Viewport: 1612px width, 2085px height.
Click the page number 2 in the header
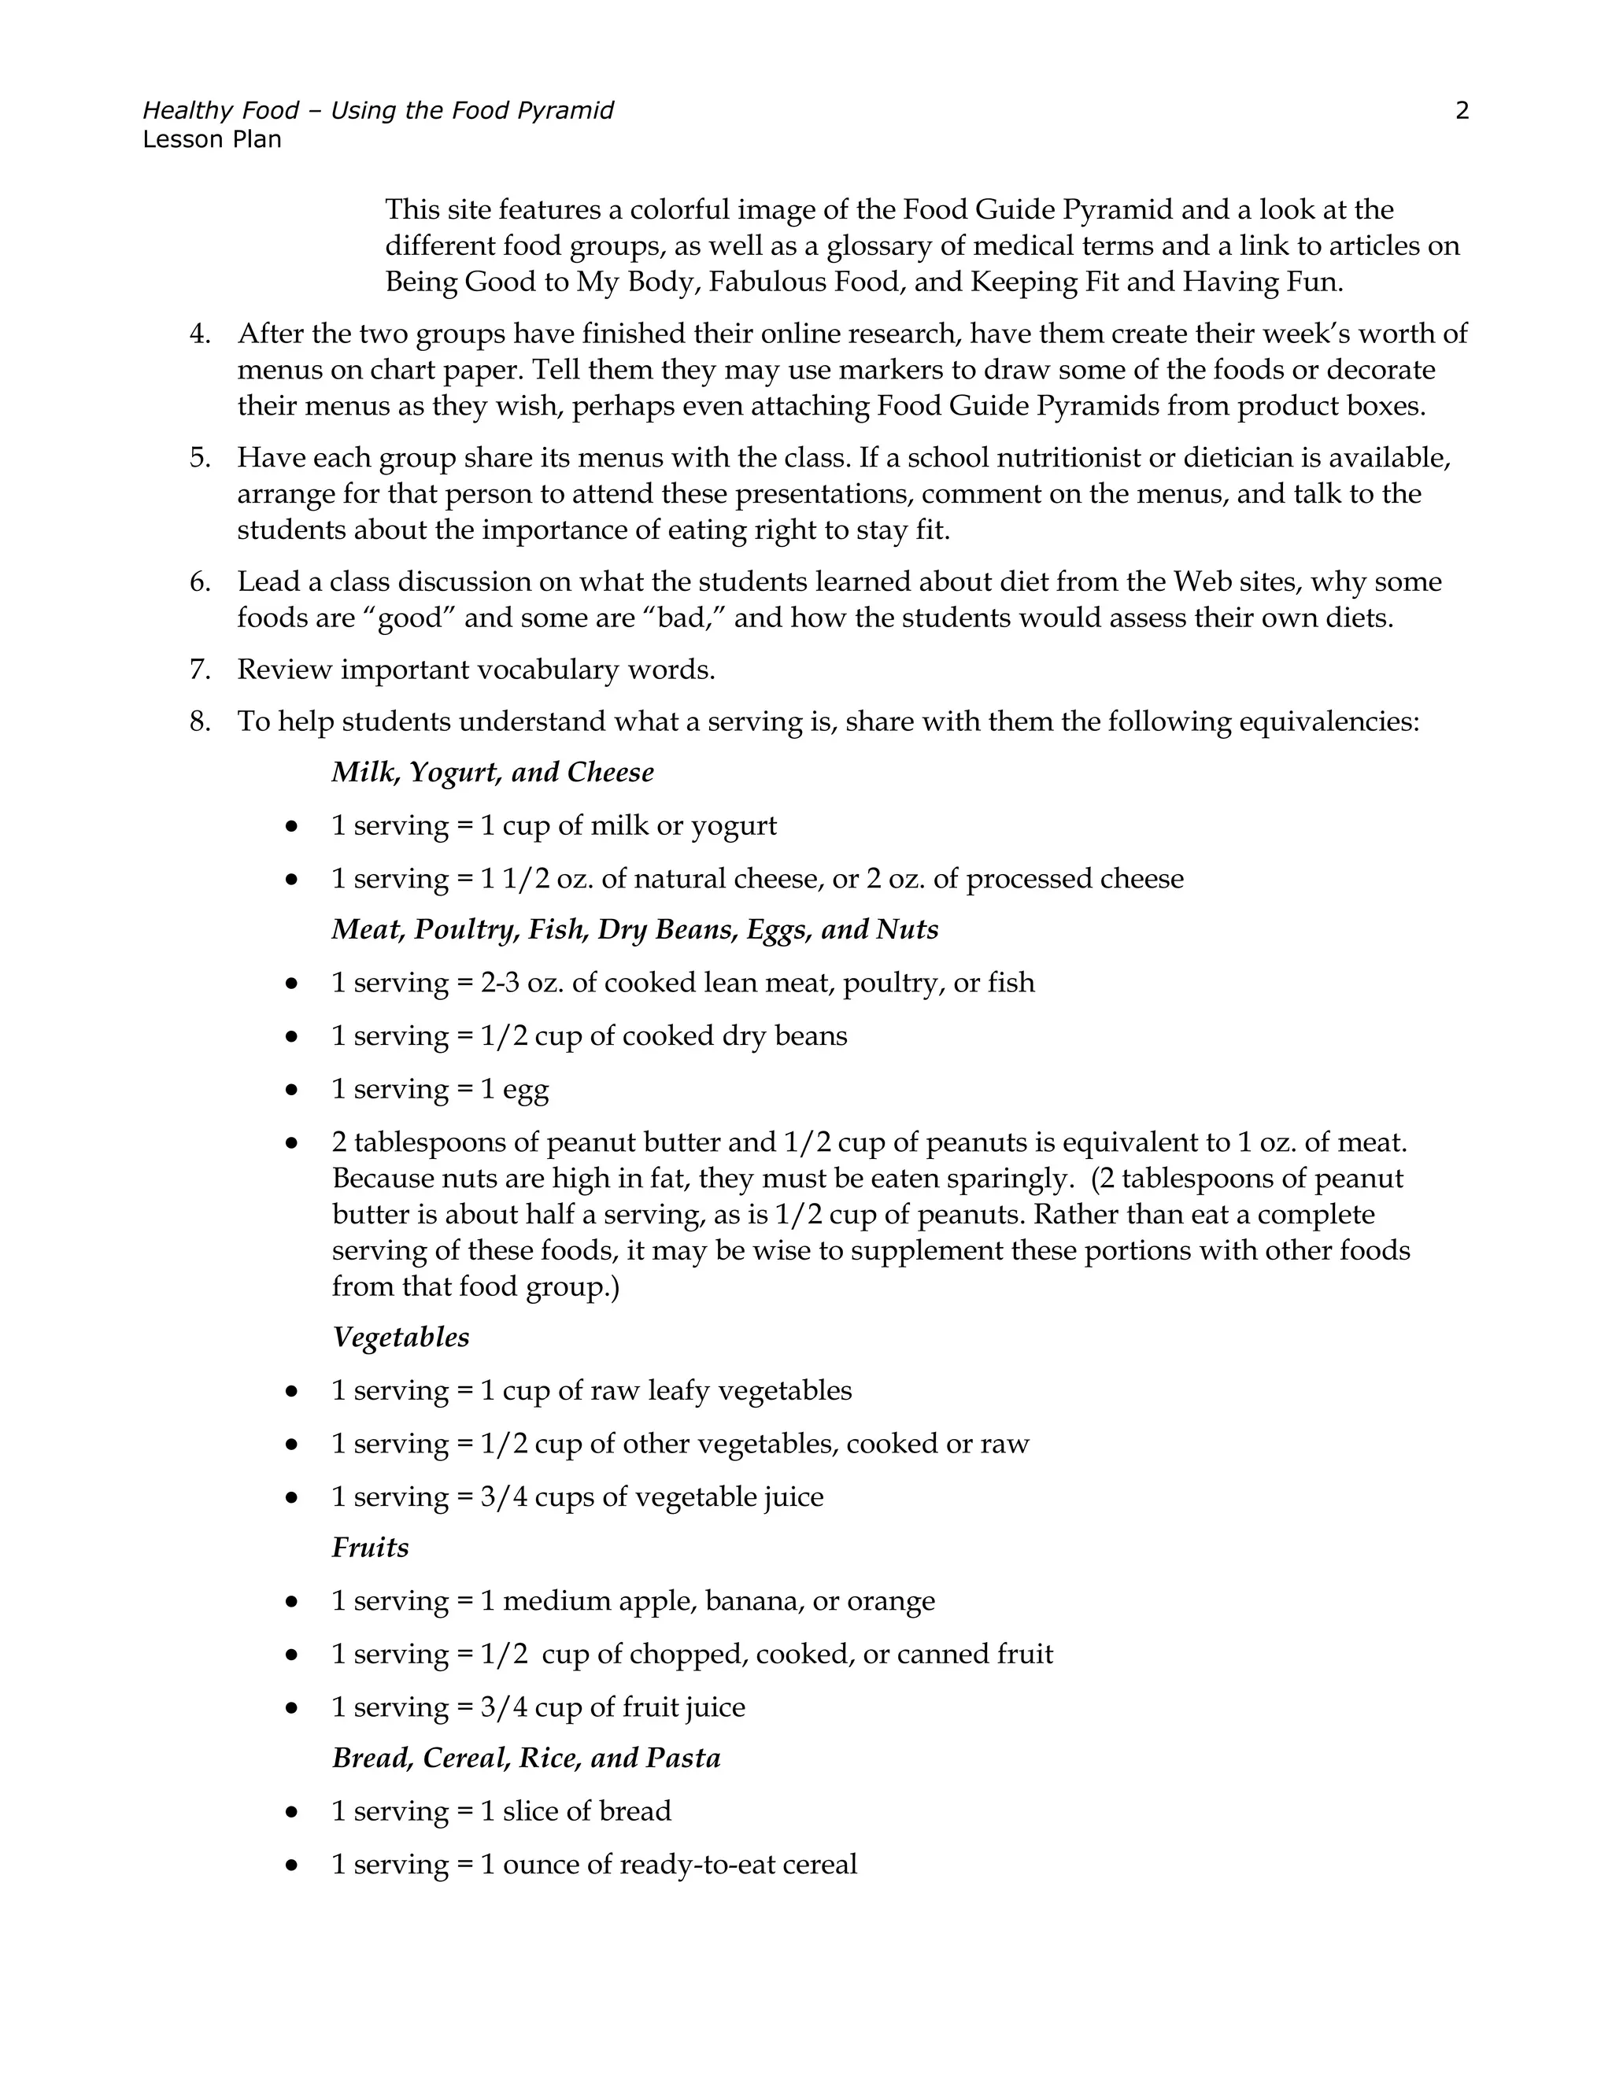1461,111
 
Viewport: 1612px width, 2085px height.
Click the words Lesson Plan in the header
212,139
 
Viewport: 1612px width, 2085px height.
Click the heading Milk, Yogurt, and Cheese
493,773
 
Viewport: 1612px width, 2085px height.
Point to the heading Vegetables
400,1338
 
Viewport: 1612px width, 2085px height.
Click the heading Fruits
370,1548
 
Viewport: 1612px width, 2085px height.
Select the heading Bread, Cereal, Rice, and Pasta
527,1758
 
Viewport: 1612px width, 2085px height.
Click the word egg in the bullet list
527,1090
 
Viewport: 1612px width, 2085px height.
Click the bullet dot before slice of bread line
291,1812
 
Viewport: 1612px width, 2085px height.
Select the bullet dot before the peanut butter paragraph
291,1142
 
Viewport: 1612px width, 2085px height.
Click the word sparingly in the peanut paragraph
1008,1179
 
